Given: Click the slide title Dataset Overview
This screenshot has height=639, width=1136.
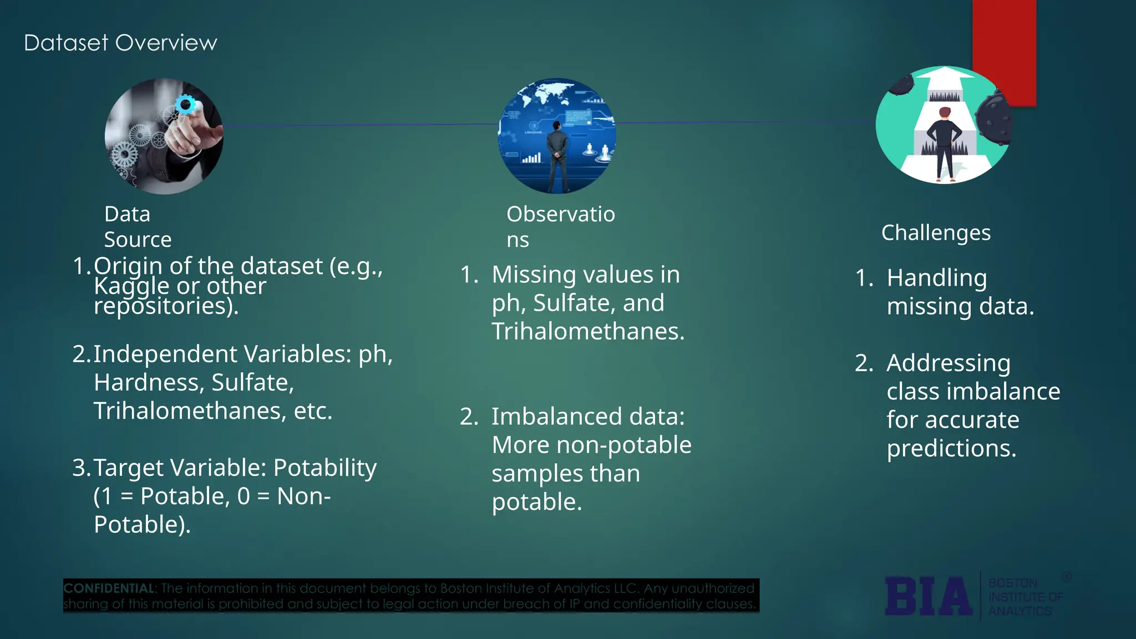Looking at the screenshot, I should pyautogui.click(x=120, y=43).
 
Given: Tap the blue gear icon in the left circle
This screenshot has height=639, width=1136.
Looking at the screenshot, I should pyautogui.click(x=185, y=105).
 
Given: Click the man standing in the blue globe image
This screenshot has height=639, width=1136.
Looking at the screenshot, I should pyautogui.click(x=557, y=155).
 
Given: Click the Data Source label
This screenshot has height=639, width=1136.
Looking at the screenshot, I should pyautogui.click(x=138, y=226).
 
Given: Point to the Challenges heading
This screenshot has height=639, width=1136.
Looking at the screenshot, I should pyautogui.click(x=936, y=232).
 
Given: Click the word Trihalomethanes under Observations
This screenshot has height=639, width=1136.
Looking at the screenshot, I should pyautogui.click(x=588, y=331).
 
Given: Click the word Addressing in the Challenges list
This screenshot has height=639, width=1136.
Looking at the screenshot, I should pyautogui.click(x=948, y=363).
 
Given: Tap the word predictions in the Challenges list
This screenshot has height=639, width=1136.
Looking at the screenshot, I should pyautogui.click(x=951, y=448).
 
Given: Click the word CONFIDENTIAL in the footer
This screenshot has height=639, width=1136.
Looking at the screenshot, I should pyautogui.click(x=109, y=588).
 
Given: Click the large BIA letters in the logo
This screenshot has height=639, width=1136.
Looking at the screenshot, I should pyautogui.click(x=928, y=596).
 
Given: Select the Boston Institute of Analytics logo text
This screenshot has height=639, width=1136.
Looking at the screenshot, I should pyautogui.click(x=1025, y=597).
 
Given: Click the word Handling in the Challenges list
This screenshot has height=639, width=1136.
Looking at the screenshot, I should pyautogui.click(x=936, y=277).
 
